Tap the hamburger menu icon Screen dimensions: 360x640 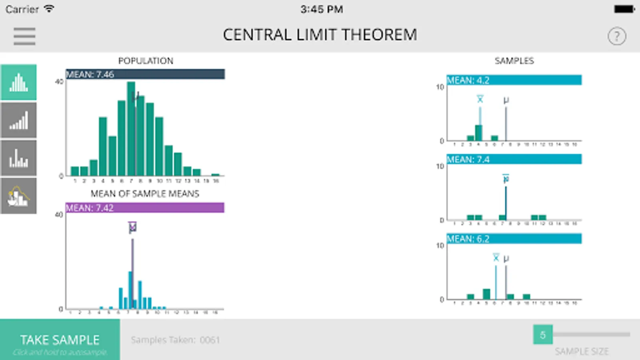click(x=24, y=36)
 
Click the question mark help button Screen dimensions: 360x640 click(x=617, y=36)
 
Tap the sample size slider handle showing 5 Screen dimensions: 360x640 click(x=543, y=335)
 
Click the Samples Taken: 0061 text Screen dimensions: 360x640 click(x=175, y=340)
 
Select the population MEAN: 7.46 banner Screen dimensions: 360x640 click(x=145, y=74)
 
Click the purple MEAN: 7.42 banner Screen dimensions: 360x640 click(x=145, y=208)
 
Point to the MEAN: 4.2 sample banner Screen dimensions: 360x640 click(x=514, y=80)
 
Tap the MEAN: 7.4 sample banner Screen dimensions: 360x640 click(x=514, y=160)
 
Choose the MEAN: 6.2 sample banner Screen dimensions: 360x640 click(x=514, y=239)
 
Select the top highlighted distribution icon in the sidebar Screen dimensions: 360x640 click(x=19, y=82)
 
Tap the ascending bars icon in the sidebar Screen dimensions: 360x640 click(x=19, y=120)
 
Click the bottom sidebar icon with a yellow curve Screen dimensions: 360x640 click(x=19, y=196)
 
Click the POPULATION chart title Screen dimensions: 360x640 click(x=146, y=61)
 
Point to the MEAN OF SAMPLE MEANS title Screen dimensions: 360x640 click(x=145, y=194)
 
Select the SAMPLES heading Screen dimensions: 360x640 click(x=514, y=61)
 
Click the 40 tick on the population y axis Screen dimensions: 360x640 click(x=59, y=82)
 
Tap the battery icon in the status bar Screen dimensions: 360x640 click(x=624, y=9)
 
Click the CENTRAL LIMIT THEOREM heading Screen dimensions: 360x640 click(x=320, y=35)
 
